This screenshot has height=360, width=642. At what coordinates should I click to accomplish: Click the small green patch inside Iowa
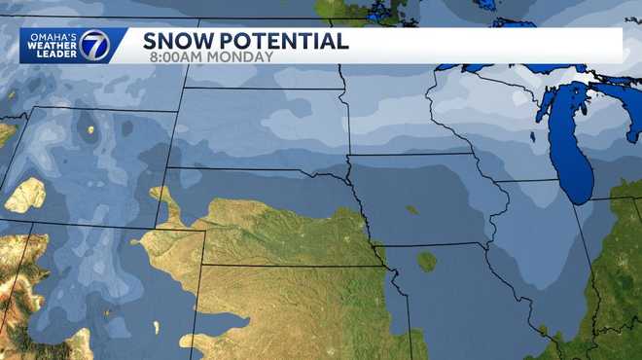pos(412,209)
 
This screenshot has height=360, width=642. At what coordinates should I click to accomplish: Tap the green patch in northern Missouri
pos(426,261)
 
